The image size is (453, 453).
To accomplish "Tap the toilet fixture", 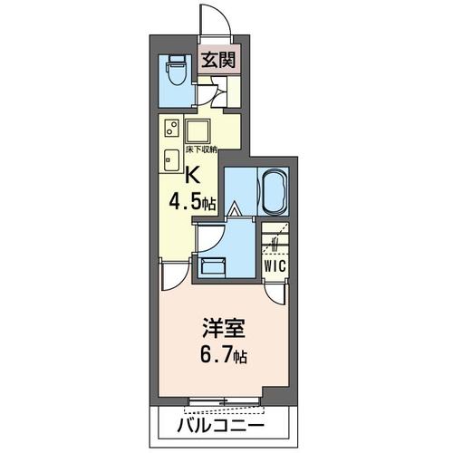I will [176, 72].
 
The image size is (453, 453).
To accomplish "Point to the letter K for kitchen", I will [192, 176].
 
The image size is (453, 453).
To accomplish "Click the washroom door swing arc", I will [207, 237].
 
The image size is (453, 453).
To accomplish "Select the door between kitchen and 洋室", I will [173, 272].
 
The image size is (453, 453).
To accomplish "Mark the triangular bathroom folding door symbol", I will [234, 211].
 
